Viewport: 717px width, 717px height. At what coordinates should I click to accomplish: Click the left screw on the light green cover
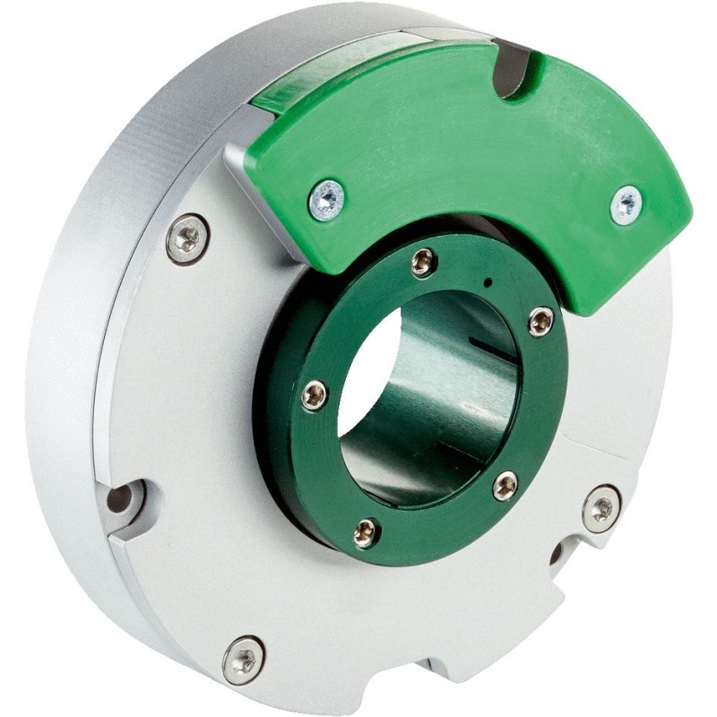pyautogui.click(x=326, y=199)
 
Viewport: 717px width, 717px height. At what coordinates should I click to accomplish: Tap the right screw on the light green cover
pyautogui.click(x=626, y=204)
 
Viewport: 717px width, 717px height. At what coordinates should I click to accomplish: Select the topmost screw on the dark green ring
pyautogui.click(x=422, y=262)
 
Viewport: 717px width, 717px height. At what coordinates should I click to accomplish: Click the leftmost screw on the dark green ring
pyautogui.click(x=314, y=394)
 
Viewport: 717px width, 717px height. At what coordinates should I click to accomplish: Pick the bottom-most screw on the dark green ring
pyautogui.click(x=365, y=531)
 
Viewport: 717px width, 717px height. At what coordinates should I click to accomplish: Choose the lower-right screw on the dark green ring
pyautogui.click(x=505, y=486)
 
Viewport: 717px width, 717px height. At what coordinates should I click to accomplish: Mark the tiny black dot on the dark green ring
pyautogui.click(x=487, y=282)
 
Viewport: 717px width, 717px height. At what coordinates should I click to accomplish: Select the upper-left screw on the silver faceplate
pyautogui.click(x=187, y=238)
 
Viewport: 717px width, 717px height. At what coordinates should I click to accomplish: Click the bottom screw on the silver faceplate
pyautogui.click(x=243, y=660)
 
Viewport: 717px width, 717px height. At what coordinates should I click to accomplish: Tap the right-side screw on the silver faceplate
pyautogui.click(x=600, y=508)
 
